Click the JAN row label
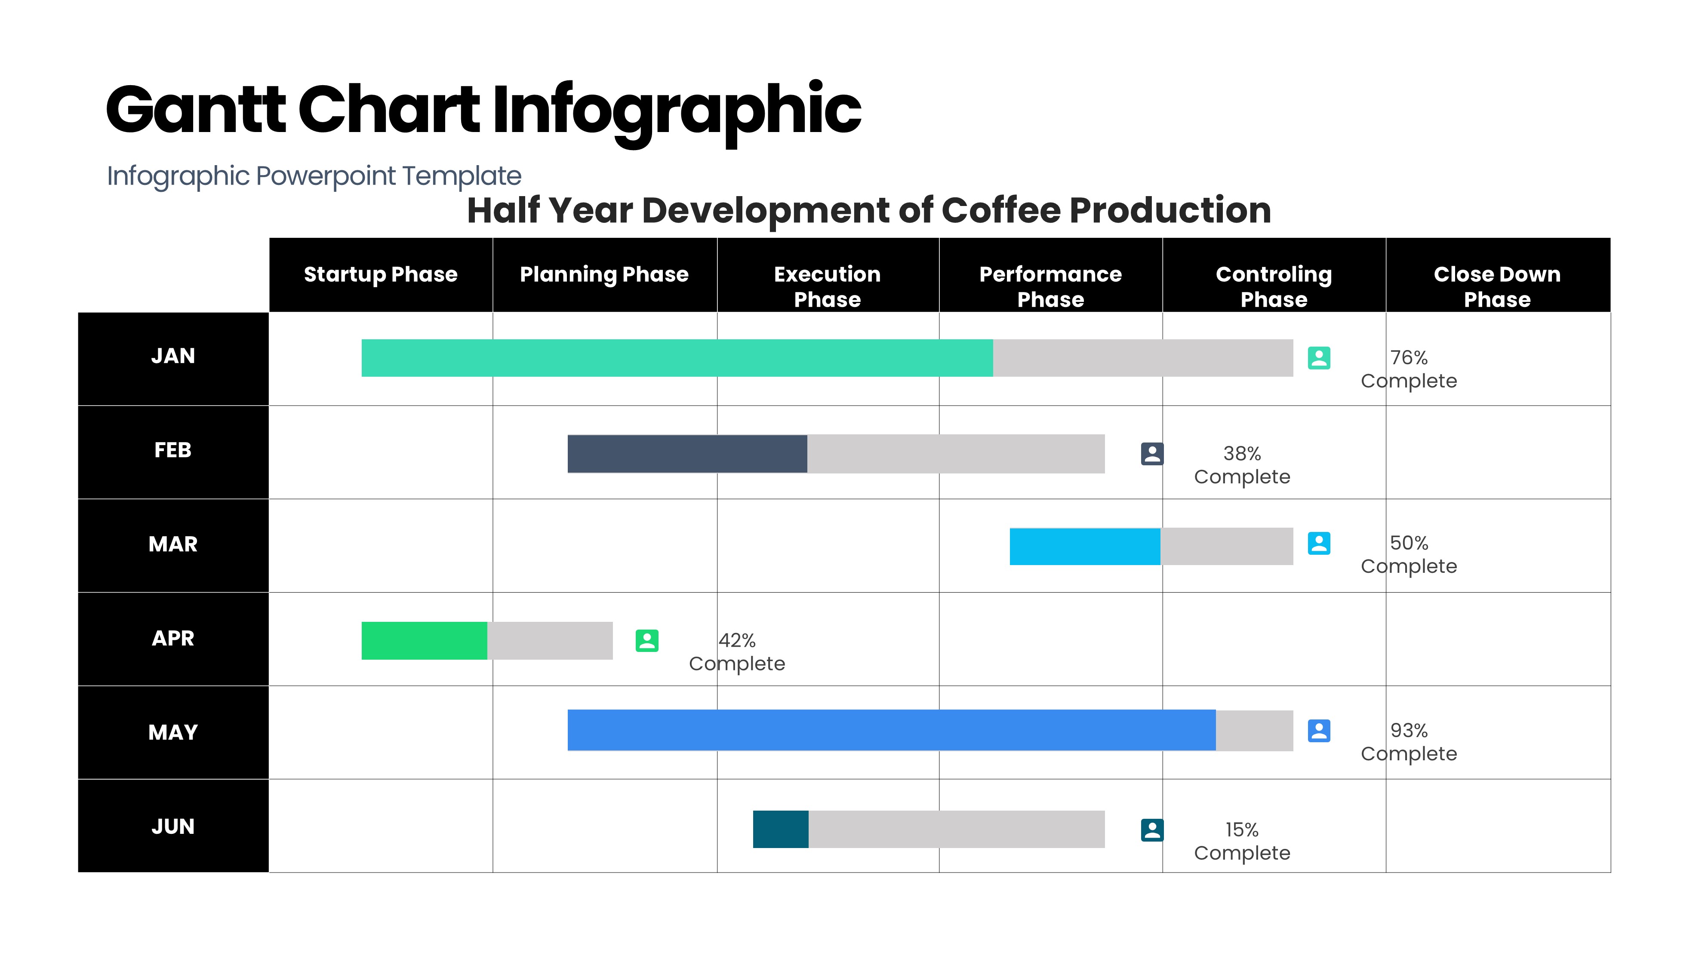point(173,356)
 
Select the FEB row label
point(173,451)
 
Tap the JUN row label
point(173,827)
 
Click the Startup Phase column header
point(380,274)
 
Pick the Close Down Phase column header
point(1497,286)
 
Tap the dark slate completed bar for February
point(687,454)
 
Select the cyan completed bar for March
point(1085,547)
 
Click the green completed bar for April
point(424,641)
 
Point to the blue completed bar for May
point(891,730)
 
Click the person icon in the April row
point(647,641)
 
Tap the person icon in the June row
point(1152,830)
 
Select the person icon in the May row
point(1319,731)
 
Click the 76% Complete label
point(1408,369)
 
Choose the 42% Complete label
point(736,652)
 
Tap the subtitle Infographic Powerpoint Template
point(314,176)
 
